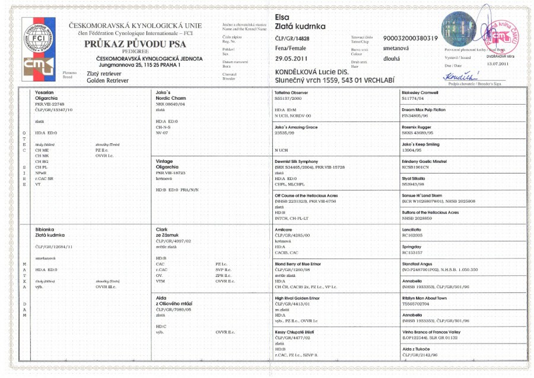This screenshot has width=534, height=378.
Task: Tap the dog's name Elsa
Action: pos(284,17)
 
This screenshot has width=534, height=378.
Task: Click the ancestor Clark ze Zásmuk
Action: pos(169,232)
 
